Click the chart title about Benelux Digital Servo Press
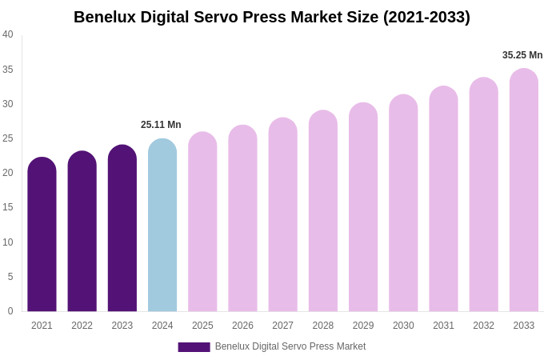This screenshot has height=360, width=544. tap(272, 17)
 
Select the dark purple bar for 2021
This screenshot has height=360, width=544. tap(42, 236)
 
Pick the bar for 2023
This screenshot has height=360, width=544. tap(122, 230)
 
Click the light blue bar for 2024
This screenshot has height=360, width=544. tap(162, 226)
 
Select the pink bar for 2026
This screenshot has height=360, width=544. tap(242, 220)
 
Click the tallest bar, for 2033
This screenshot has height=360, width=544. tap(524, 192)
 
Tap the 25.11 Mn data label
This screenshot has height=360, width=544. tap(161, 125)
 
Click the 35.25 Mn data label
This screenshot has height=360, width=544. tap(522, 55)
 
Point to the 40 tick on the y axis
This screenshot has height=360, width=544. tap(8, 34)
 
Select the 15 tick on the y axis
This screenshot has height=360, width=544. tap(8, 207)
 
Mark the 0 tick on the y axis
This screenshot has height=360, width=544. tap(10, 311)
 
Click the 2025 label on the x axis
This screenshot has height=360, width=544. tap(202, 326)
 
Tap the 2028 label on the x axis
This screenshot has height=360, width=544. tap(323, 326)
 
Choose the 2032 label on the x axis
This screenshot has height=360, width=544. tap(483, 326)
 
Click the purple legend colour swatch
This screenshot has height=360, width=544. tap(194, 347)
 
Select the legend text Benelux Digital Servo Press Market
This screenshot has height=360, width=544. tap(290, 346)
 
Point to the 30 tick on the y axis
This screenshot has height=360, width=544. tap(8, 104)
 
